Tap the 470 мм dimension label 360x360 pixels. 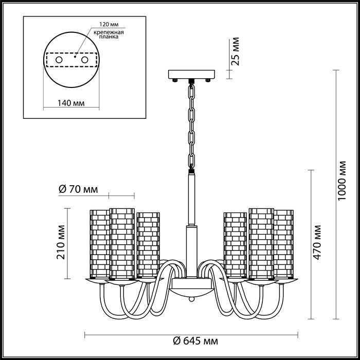click(317, 242)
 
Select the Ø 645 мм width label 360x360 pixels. click(195, 341)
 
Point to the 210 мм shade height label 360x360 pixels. click(61, 242)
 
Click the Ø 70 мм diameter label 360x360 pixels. click(78, 189)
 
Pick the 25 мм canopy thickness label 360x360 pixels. click(235, 51)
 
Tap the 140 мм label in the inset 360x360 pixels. click(71, 103)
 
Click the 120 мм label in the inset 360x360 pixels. click(109, 25)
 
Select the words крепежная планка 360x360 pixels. click(109, 34)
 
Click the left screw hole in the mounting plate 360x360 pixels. click(59, 60)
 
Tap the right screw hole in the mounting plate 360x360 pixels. click(85, 60)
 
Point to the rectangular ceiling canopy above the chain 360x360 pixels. click(191, 75)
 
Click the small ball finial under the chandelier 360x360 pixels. click(191, 299)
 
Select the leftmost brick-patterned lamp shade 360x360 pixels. click(100, 244)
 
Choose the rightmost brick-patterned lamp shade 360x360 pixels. click(283, 244)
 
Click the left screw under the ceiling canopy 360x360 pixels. click(175, 80)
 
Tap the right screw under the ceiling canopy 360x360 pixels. click(208, 80)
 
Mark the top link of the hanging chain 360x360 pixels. click(191, 91)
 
